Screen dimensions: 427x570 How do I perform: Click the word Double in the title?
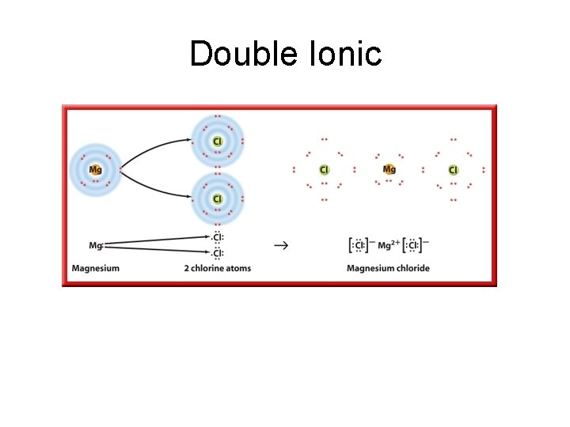[x=239, y=54]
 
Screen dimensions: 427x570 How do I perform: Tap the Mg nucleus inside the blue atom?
[x=95, y=169]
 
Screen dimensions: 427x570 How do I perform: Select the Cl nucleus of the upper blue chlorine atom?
[x=217, y=142]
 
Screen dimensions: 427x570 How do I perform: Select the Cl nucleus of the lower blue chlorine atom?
[x=217, y=198]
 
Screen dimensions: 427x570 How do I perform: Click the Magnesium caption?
[x=95, y=268]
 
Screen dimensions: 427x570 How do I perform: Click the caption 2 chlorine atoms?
[x=217, y=268]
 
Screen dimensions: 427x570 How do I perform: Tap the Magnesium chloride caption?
[x=388, y=268]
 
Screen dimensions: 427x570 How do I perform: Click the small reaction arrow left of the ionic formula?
[x=280, y=245]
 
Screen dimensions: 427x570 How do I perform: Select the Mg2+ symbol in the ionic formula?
[x=388, y=245]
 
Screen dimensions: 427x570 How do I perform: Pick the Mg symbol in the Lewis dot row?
[x=96, y=246]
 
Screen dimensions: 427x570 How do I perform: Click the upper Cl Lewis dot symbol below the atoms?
[x=217, y=237]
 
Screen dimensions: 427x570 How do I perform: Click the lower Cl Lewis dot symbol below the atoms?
[x=217, y=253]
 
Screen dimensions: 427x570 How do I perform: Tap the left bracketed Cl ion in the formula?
[x=359, y=245]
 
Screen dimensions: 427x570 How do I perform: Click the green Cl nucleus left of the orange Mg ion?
[x=324, y=169]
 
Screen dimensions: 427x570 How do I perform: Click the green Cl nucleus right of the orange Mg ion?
[x=454, y=169]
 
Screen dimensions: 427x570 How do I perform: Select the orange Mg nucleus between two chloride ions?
[x=389, y=169]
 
